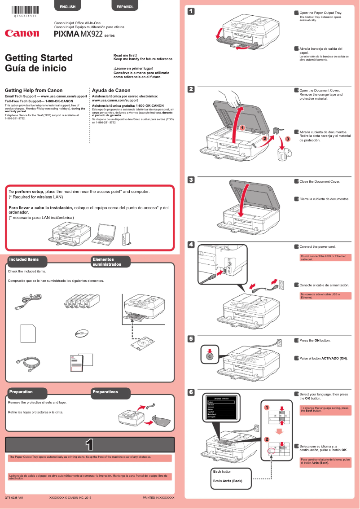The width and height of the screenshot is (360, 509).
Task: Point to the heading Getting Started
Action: click(x=39, y=58)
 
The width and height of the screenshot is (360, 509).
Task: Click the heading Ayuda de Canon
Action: click(x=111, y=90)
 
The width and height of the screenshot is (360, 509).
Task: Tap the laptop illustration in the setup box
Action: click(x=104, y=233)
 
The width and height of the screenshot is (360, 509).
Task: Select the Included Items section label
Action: click(x=24, y=259)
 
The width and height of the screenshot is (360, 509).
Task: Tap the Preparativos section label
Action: click(x=105, y=392)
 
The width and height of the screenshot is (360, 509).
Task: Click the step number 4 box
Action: click(x=191, y=244)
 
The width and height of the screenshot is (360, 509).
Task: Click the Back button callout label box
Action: click(x=232, y=476)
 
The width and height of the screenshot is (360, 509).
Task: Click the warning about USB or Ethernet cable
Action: click(x=325, y=258)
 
